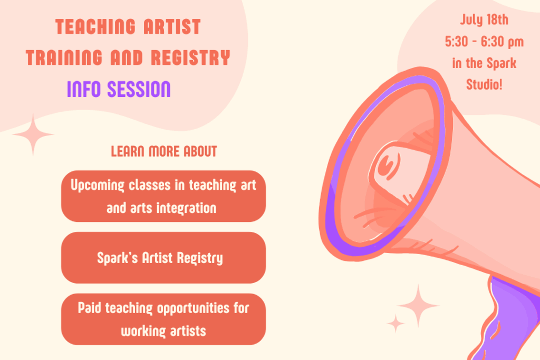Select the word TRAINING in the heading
tap(64, 57)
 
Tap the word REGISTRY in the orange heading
tap(190, 57)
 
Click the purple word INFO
tap(84, 89)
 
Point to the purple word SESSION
tap(139, 89)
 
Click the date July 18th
tap(484, 20)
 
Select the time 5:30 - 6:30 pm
tap(484, 42)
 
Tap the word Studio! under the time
tap(484, 84)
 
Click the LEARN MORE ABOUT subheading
tap(164, 151)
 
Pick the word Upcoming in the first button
tap(97, 186)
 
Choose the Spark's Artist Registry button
tap(163, 258)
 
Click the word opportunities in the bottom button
tap(193, 308)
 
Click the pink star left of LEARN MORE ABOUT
tap(33, 134)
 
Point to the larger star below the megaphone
tap(418, 306)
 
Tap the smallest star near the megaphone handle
tap(396, 324)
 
